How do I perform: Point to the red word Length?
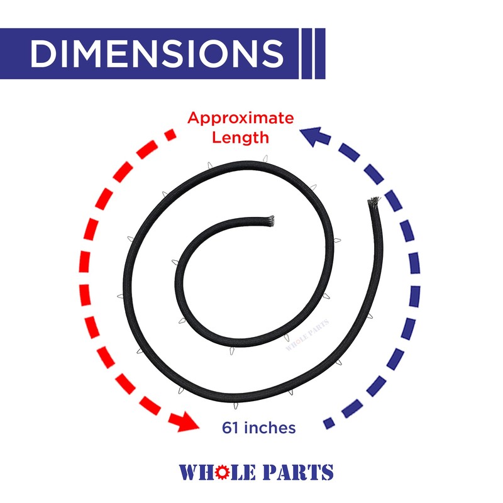(x=241, y=137)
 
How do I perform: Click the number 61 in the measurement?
(x=231, y=428)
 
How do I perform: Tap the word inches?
(x=269, y=428)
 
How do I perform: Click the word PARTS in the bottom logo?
(x=296, y=472)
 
